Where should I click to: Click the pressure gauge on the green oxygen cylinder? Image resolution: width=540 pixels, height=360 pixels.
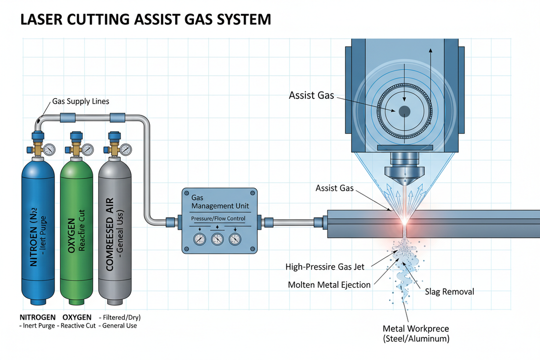point(87,149)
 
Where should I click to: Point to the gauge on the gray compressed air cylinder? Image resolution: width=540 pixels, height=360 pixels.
point(125,149)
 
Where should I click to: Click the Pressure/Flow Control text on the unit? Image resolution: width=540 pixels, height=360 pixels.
point(218,218)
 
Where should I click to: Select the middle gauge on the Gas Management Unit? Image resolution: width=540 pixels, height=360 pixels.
point(217,239)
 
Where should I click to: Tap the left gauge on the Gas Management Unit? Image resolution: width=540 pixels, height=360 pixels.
point(199,239)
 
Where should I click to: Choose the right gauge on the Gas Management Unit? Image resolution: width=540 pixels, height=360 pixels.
point(235,239)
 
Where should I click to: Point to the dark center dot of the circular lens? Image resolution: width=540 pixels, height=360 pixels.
point(404,111)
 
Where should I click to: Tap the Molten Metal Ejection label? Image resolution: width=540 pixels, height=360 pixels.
point(328,284)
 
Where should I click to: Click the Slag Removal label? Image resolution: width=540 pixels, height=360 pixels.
point(449,292)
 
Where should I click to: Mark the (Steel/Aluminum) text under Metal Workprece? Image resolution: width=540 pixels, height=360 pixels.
point(416,339)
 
